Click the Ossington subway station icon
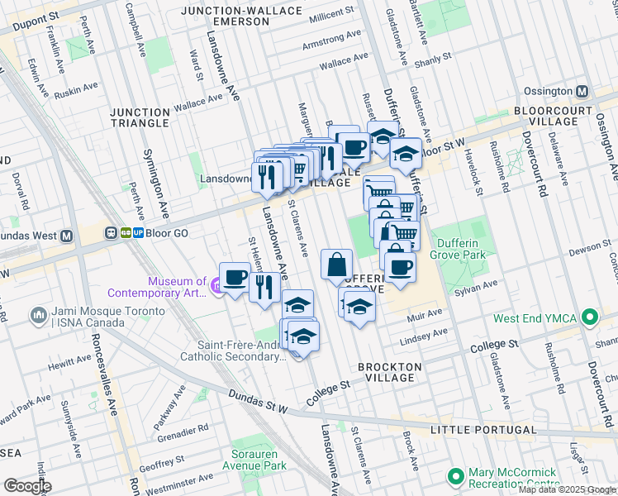(582, 91)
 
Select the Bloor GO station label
(168, 233)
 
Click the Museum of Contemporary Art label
(156, 287)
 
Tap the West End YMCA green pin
(589, 317)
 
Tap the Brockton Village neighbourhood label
(389, 371)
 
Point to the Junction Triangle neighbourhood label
(139, 117)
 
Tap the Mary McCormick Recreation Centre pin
(455, 476)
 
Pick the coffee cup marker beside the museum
(234, 277)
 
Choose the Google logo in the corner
(27, 486)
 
